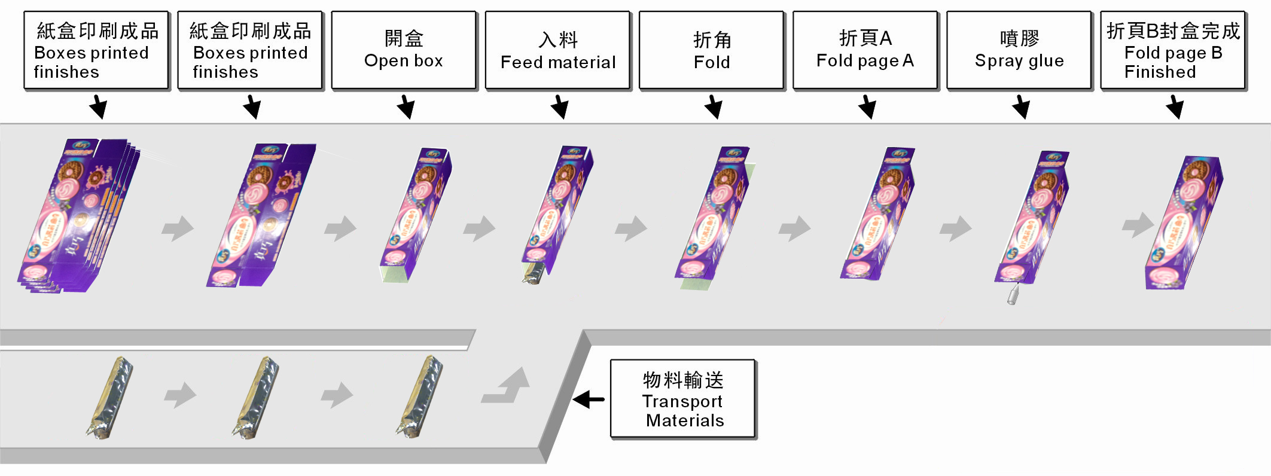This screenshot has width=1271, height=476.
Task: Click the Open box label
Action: click(404, 50)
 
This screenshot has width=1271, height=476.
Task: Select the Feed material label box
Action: click(557, 50)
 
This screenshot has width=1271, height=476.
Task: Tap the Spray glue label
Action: click(1019, 50)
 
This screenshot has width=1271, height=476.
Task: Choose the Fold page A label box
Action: click(865, 50)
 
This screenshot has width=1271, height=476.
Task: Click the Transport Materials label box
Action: click(682, 399)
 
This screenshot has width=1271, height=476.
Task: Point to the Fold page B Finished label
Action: click(1173, 50)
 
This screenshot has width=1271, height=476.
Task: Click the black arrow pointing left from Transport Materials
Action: click(589, 399)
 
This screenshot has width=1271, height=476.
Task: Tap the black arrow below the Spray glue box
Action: click(1021, 107)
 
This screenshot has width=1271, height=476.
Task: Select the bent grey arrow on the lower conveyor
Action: click(508, 387)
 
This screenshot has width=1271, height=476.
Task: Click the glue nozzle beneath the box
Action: click(1013, 295)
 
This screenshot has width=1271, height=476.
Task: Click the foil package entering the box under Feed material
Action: click(534, 273)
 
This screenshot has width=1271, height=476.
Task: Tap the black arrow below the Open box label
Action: click(406, 107)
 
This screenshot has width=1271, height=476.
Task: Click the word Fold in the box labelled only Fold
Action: click(712, 62)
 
